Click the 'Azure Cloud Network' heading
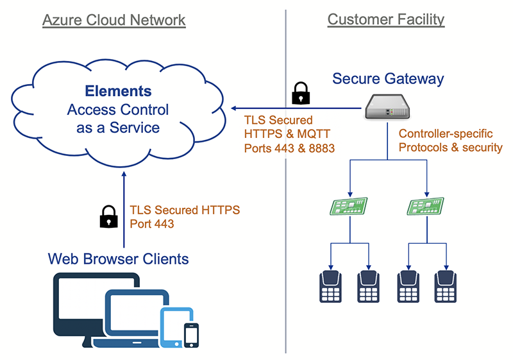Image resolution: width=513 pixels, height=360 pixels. [114, 21]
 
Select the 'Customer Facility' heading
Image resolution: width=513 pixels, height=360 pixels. [385, 19]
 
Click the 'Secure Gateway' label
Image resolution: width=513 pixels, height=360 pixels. [388, 79]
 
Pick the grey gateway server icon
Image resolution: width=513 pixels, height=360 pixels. [387, 107]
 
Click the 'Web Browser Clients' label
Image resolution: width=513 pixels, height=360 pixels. [119, 259]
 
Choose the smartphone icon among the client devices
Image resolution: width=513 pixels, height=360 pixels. [191, 334]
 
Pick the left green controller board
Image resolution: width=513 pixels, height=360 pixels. [349, 206]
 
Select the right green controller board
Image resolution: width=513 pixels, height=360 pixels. [426, 206]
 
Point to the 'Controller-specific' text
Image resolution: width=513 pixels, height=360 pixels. [446, 133]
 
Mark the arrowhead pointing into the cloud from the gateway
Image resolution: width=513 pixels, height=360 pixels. [235, 108]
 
